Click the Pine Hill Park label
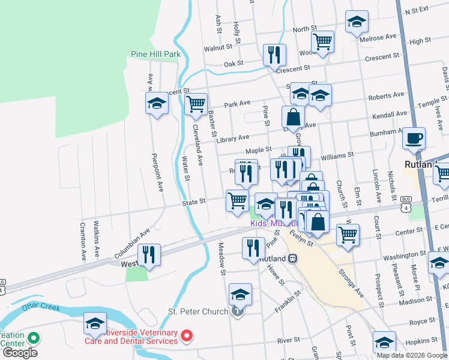[x=156, y=54]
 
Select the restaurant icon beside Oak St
[x=274, y=55]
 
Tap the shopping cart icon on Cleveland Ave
[x=196, y=104]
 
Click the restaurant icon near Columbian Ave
[x=149, y=254]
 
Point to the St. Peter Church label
[x=198, y=311]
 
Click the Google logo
[x=19, y=352]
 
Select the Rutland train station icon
[x=293, y=259]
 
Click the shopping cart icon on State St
[x=237, y=200]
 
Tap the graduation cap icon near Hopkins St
[x=384, y=342]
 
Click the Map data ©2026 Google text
[x=412, y=355]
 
